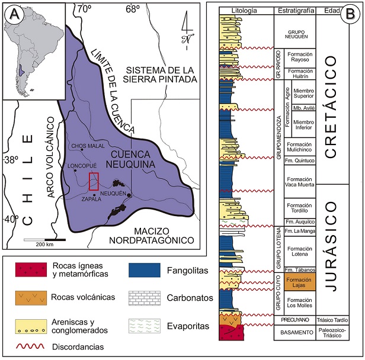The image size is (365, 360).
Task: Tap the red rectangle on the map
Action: tap(94, 181)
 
